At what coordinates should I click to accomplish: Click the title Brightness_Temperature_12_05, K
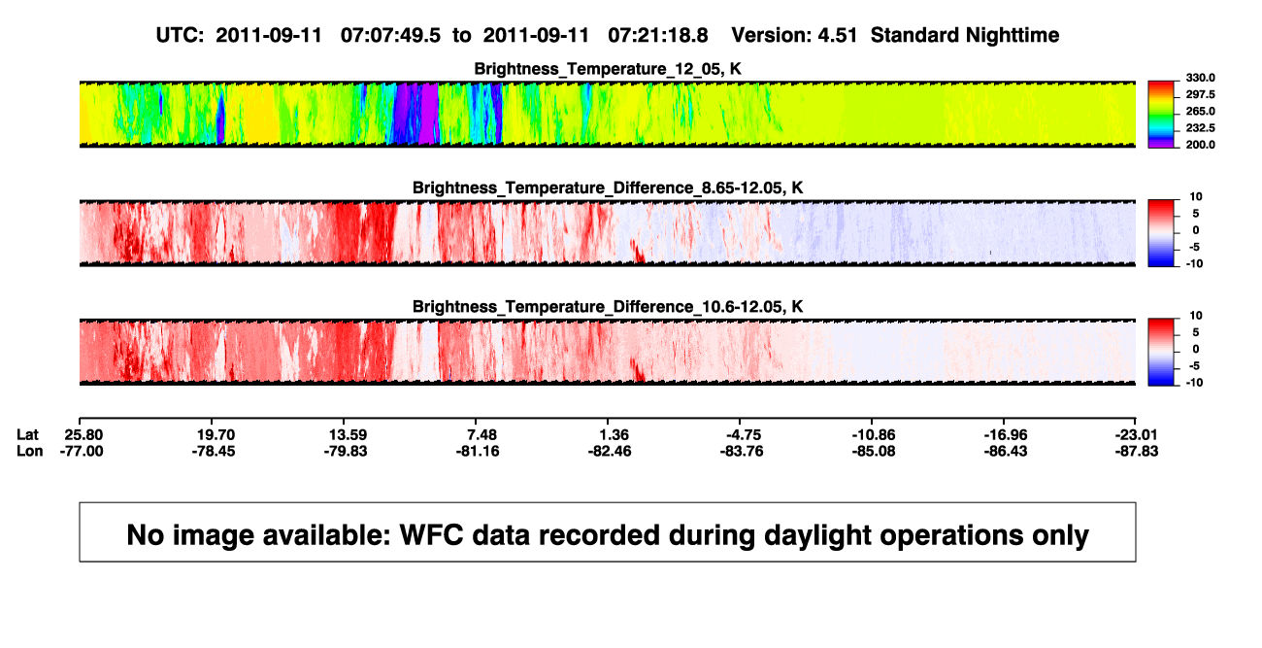pyautogui.click(x=608, y=69)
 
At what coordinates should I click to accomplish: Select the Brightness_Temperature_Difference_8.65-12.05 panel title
pyautogui.click(x=608, y=188)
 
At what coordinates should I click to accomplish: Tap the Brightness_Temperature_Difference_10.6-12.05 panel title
pyautogui.click(x=608, y=307)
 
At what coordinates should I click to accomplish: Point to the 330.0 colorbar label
pyautogui.click(x=1200, y=78)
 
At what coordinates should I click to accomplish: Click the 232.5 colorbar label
pyautogui.click(x=1200, y=128)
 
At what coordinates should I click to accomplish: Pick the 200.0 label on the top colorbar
pyautogui.click(x=1200, y=145)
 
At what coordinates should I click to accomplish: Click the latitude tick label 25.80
pyautogui.click(x=83, y=435)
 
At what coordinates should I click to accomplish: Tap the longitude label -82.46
pyautogui.click(x=610, y=451)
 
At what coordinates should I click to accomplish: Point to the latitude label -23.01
pyautogui.click(x=1136, y=435)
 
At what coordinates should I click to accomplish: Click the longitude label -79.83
pyautogui.click(x=346, y=451)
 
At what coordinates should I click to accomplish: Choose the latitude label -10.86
pyautogui.click(x=874, y=435)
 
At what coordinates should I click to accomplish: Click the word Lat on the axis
pyautogui.click(x=27, y=435)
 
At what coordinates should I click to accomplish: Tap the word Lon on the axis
pyautogui.click(x=29, y=451)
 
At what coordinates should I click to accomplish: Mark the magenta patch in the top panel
pyautogui.click(x=429, y=113)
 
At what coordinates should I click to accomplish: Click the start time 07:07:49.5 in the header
pyautogui.click(x=390, y=36)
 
